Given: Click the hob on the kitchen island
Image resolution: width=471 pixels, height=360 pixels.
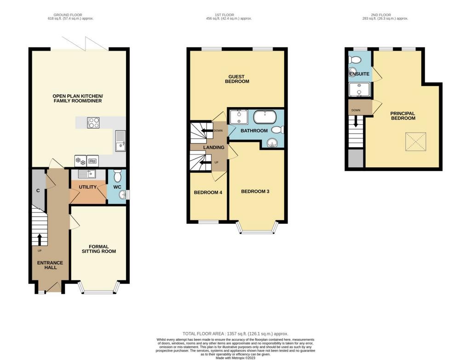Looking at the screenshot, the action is coord(93,122).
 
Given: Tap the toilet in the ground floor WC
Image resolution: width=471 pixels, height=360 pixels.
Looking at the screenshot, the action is coord(117,176).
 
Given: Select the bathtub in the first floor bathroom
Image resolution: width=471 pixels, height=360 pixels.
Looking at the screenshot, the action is coord(264,117).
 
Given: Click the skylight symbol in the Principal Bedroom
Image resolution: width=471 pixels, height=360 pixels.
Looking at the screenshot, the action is coord(416,142).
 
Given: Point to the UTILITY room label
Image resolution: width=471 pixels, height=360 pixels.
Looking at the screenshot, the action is coord(88,187).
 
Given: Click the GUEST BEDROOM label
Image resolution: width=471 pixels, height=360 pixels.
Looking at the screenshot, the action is coord(237,79).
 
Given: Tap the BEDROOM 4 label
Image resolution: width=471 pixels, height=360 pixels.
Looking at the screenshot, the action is coord(208,193).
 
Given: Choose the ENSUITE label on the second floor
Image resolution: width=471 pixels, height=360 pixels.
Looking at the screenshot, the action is coord(359,74).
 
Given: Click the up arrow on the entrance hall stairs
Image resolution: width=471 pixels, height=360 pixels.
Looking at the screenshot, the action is coord(40,239).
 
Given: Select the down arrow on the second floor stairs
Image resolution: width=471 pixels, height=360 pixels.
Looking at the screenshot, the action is coord(356,121).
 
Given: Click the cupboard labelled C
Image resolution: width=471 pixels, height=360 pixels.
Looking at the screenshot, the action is coord(38,186).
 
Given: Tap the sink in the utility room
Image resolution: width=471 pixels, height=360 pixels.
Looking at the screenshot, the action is coord(87,174).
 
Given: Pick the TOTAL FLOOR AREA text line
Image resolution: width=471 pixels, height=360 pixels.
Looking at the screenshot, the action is coord(235,334).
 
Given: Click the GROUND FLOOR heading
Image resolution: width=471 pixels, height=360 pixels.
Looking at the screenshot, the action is coord(68,15).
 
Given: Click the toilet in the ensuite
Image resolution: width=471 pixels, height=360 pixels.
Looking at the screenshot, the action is coord(355,60).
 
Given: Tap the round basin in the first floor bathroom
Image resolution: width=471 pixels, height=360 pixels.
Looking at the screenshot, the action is coord(272,143).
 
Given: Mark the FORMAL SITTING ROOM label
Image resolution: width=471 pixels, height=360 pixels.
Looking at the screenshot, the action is coord(99,249).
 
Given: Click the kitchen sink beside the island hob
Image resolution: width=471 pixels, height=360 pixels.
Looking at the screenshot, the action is coord(121,141).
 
